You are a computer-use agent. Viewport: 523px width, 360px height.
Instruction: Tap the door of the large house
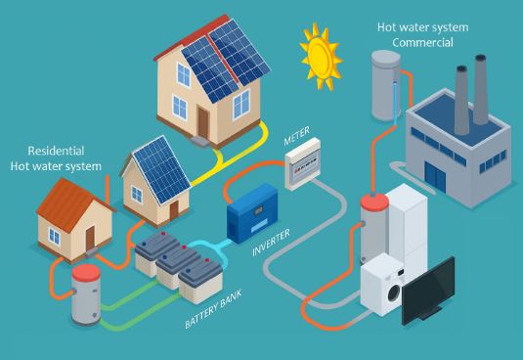(x=202, y=120)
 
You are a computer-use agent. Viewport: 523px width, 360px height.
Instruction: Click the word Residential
(x=56, y=152)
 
